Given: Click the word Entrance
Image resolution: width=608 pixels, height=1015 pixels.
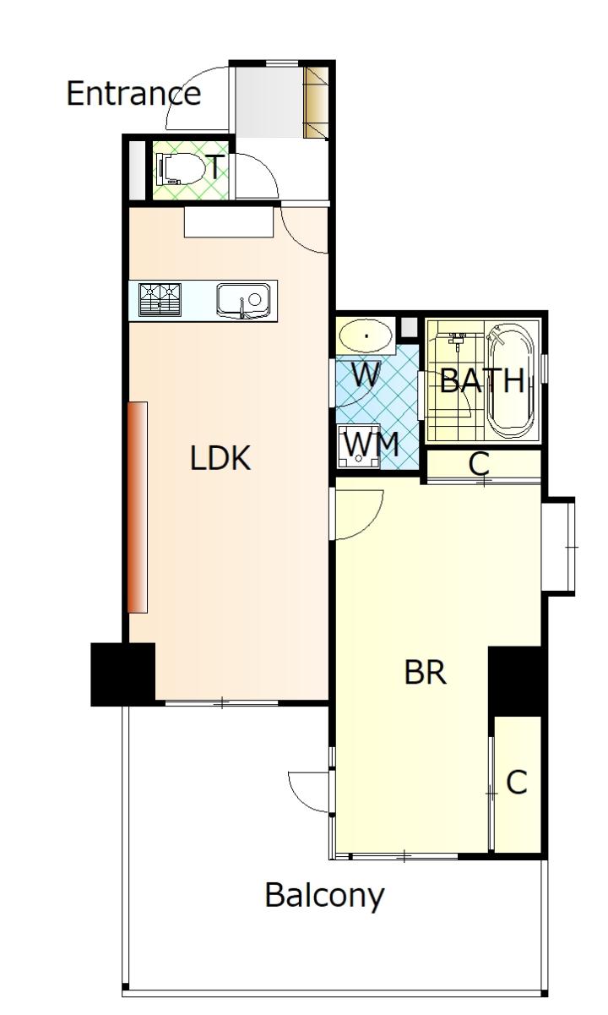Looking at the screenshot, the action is point(133,93).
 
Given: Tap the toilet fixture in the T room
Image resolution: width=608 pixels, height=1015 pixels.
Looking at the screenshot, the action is point(180,169).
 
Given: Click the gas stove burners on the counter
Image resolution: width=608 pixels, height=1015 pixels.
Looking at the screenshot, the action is point(160,299).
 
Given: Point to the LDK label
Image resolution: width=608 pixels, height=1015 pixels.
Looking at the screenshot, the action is point(220,458).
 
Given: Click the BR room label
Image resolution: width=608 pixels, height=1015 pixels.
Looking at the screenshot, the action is point(425,673).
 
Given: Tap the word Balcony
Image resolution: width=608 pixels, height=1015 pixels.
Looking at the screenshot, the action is point(324,896).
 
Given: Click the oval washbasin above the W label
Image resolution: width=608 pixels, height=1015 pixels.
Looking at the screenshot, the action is point(366,336).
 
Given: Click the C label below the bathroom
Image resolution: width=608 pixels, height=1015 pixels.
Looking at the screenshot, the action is point(479,463).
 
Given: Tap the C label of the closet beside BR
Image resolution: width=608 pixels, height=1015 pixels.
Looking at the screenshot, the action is point(517,782).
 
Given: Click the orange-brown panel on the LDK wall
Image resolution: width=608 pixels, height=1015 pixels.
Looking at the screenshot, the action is point(138,507).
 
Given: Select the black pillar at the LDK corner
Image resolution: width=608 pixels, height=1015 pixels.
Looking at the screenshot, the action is point(123,674).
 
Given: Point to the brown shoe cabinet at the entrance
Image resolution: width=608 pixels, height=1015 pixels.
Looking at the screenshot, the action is point(316,102).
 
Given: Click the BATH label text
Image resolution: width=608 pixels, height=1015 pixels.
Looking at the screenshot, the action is point(481,380).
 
